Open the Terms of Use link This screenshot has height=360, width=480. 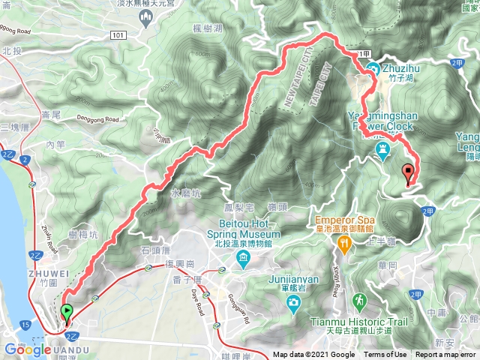pos(385,355)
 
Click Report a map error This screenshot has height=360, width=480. pos(445,355)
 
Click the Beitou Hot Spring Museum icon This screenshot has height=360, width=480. pos(244,260)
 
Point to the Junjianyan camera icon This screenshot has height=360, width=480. pos(294,302)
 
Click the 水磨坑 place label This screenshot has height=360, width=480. pos(185,193)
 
